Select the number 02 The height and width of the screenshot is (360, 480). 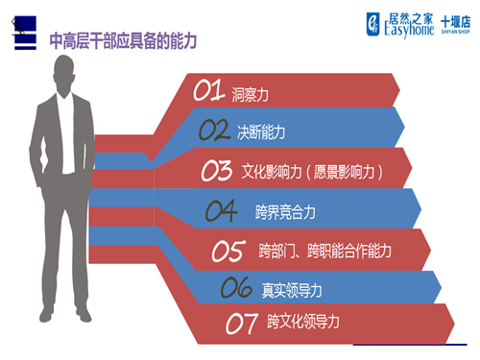(x=216, y=131)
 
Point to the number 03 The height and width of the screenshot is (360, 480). (x=217, y=171)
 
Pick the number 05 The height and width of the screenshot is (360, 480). (x=228, y=252)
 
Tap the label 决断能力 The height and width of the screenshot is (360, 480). (x=261, y=132)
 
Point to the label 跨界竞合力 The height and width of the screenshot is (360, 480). (x=285, y=210)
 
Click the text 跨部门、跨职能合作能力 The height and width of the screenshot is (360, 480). (x=324, y=252)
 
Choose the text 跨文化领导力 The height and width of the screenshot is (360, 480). (x=303, y=322)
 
